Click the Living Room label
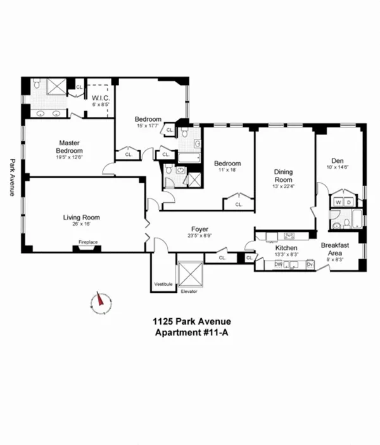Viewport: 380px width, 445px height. pyautogui.click(x=81, y=217)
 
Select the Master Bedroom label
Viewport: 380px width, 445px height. pyautogui.click(x=69, y=146)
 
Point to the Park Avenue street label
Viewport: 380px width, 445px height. pyautogui.click(x=11, y=177)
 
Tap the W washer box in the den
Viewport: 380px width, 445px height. pyautogui.click(x=338, y=203)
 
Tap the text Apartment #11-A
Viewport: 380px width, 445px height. pyautogui.click(x=190, y=334)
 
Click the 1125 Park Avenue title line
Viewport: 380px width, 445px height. pyautogui.click(x=190, y=323)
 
